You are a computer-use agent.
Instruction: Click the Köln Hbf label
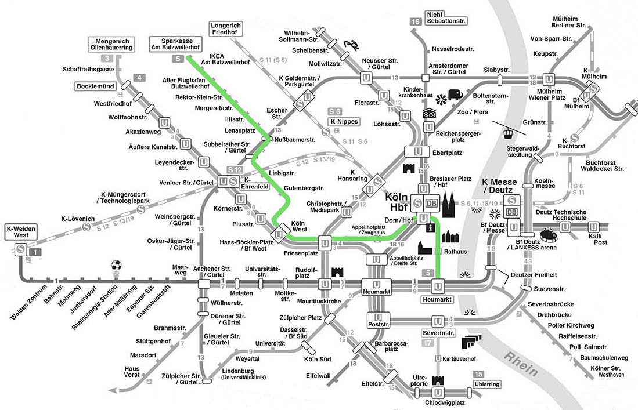click(x=397, y=201)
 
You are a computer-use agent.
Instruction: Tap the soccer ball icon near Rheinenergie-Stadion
click(x=117, y=265)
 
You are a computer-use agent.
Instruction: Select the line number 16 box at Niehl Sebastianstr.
click(x=415, y=22)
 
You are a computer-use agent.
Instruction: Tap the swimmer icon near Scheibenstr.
click(x=351, y=45)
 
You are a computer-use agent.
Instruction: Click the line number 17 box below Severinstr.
click(x=428, y=343)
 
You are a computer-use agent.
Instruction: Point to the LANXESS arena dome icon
click(x=549, y=236)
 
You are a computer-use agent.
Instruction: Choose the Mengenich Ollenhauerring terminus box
click(x=111, y=43)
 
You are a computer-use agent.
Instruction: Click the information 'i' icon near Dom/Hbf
click(x=430, y=228)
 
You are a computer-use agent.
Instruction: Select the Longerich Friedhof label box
click(x=226, y=29)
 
